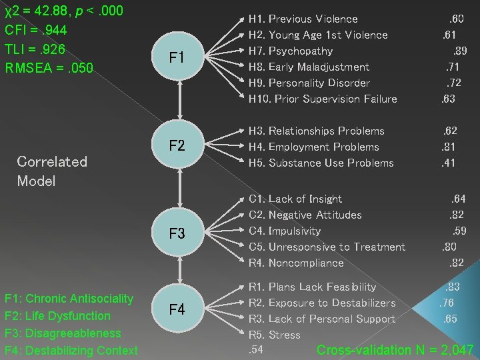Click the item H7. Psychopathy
point(291,51)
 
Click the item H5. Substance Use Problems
point(321,163)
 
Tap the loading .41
point(448,163)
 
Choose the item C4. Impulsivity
point(285,231)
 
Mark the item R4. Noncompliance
point(296,263)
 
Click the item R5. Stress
point(274,335)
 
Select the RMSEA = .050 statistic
point(49,67)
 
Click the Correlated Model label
point(52,171)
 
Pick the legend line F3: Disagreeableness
point(63,333)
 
